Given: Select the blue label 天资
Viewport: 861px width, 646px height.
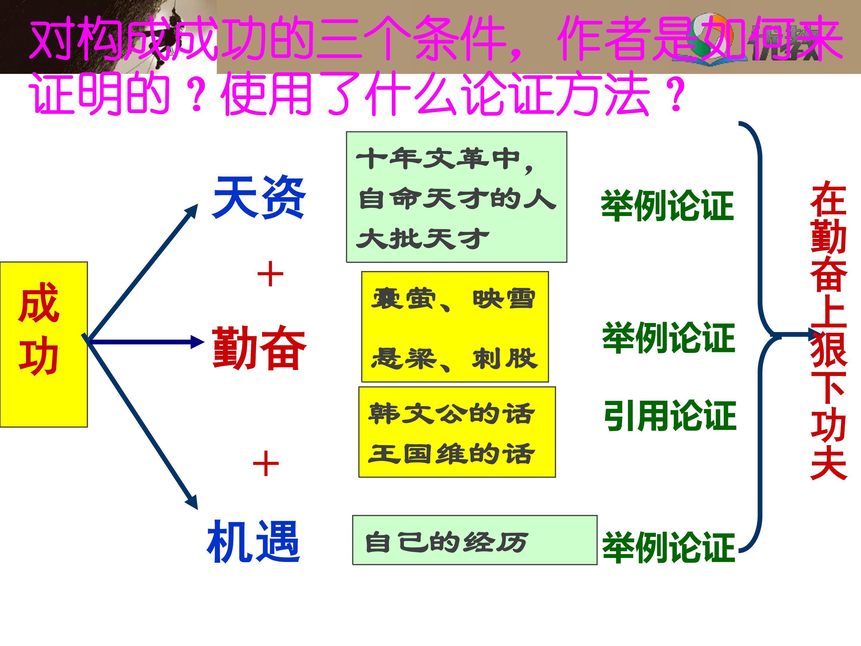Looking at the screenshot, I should pos(259,197).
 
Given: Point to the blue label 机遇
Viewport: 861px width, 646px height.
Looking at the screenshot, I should pos(254,542).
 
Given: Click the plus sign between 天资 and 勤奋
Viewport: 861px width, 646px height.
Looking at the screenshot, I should pos(270,274).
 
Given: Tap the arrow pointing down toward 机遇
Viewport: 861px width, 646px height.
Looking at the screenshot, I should pos(144,424).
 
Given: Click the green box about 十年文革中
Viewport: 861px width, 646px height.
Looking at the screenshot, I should pos(456,197).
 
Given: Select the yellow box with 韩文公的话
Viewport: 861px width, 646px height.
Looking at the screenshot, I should pos(457,432).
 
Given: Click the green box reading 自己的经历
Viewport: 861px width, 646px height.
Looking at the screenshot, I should pos(474,540).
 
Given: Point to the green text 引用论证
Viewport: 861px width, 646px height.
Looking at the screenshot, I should pos(669,416).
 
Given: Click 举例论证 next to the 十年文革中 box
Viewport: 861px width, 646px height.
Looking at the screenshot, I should pos(667,205).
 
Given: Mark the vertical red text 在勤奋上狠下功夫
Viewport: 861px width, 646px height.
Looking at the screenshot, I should pos(828,331).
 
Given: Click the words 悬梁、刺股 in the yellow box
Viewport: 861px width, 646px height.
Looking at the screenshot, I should pos(454,359).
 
